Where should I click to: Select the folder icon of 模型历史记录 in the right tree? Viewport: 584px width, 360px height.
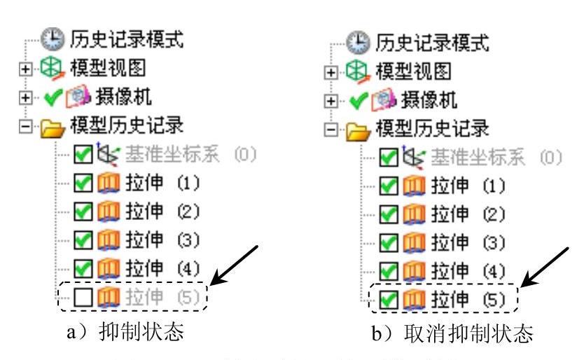362,129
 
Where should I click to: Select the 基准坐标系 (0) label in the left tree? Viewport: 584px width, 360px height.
174,155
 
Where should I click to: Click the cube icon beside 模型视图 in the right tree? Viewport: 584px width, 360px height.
362,71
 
